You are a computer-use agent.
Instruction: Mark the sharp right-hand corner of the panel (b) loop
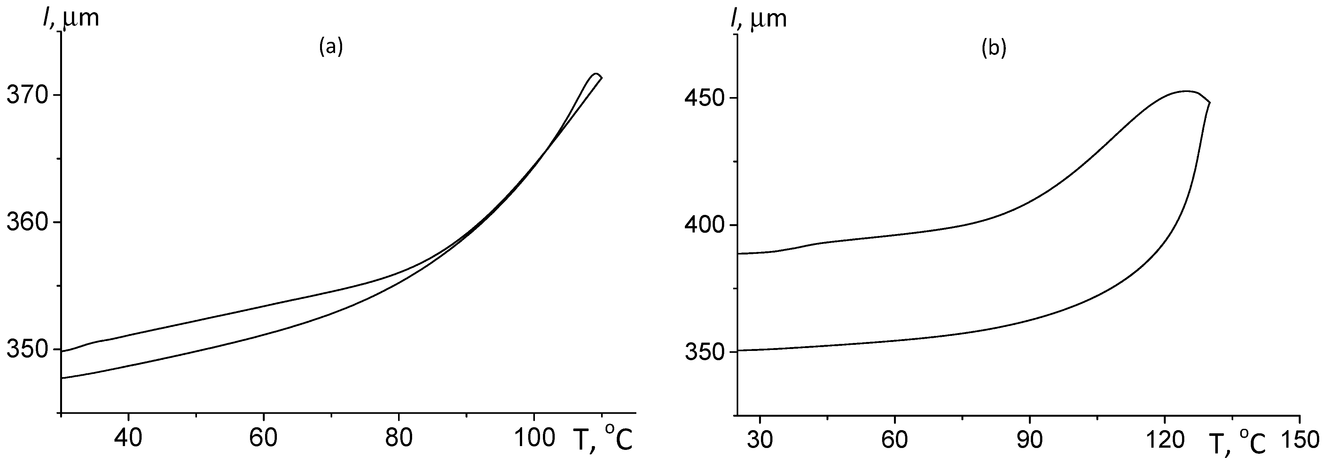[x=1210, y=102]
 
